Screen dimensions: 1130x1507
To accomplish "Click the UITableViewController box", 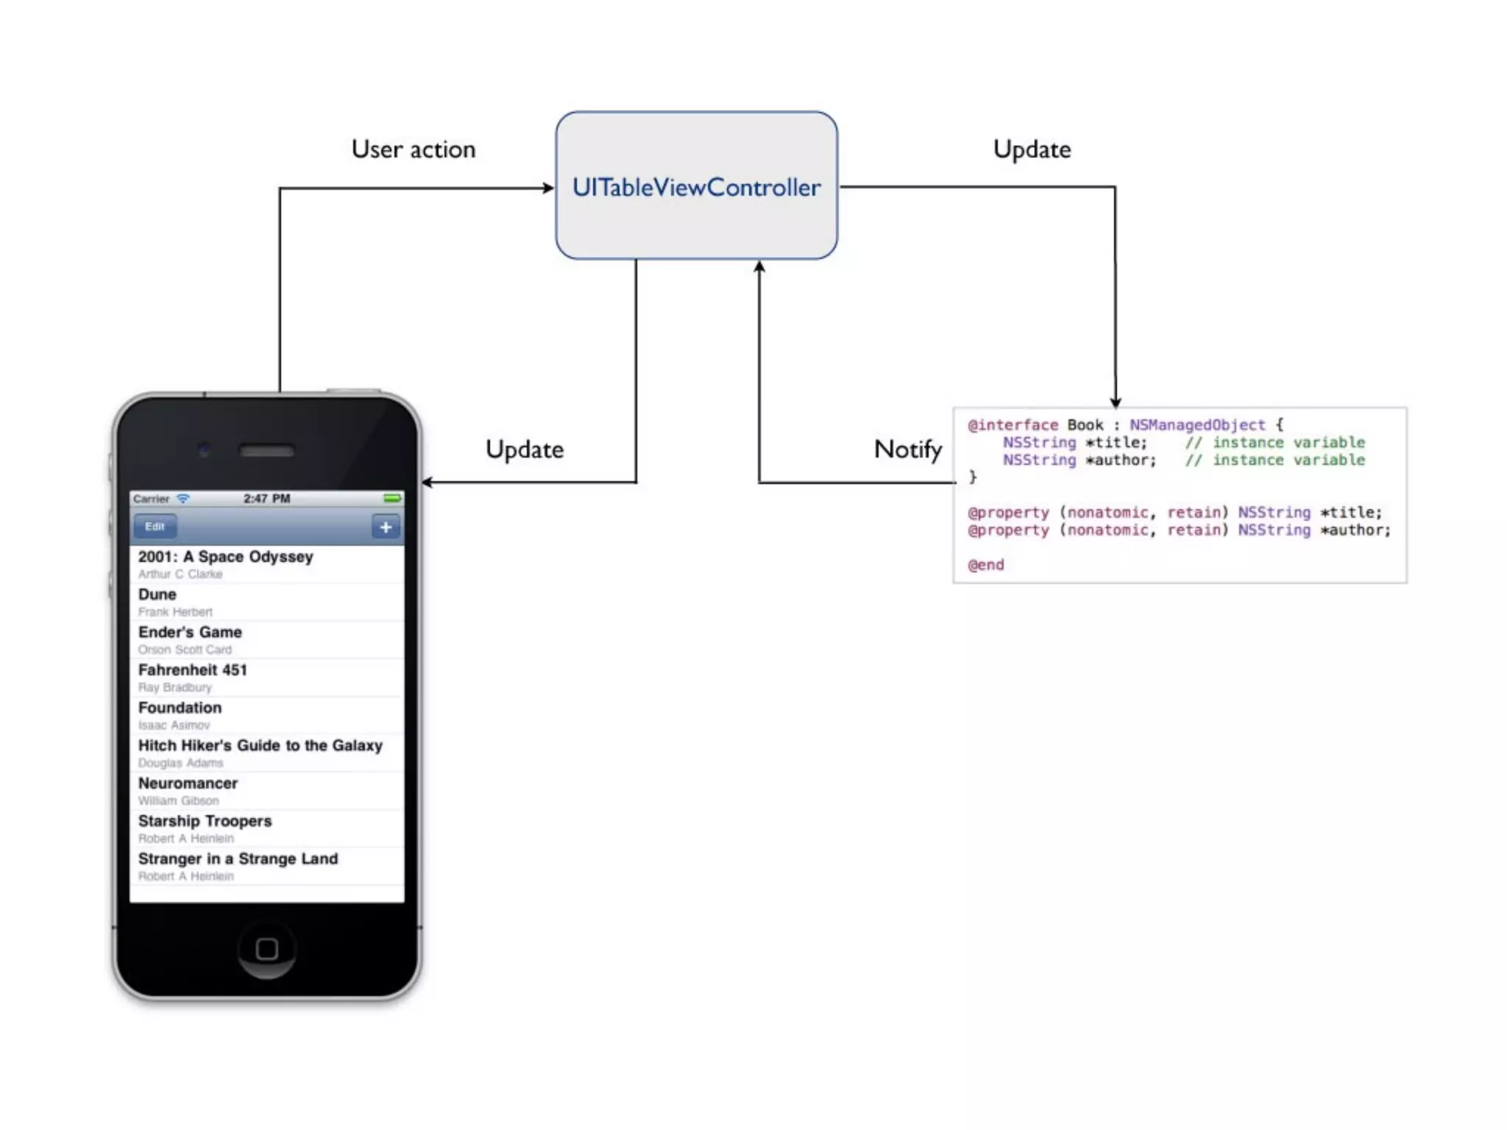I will (x=696, y=185).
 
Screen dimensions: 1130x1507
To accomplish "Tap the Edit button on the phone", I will (x=155, y=527).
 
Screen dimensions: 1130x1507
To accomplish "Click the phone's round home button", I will (x=266, y=949).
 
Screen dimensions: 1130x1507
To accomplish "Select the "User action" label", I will (x=414, y=149).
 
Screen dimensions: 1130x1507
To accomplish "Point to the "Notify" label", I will (x=907, y=449).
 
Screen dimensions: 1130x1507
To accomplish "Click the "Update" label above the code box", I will (x=1032, y=149).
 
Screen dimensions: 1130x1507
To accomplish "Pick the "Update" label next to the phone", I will (x=525, y=449).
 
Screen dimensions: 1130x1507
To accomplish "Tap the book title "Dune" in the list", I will (x=157, y=594).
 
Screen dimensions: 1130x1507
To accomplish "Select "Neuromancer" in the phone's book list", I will (x=188, y=783).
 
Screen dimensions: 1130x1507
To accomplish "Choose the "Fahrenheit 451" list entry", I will (x=193, y=670).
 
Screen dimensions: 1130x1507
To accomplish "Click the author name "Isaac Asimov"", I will (x=174, y=725).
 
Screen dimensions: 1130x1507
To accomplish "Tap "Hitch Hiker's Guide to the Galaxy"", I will (x=260, y=746).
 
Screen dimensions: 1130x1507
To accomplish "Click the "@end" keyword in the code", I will (x=986, y=565).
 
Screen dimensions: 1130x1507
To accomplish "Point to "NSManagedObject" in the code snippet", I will (x=1197, y=425).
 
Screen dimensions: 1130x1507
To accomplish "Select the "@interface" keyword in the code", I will (x=1013, y=425).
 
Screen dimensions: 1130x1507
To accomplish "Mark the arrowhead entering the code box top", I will (x=1116, y=402).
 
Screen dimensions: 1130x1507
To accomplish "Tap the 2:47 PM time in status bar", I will (x=266, y=499).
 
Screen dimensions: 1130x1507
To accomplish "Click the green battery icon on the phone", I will (x=392, y=499).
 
